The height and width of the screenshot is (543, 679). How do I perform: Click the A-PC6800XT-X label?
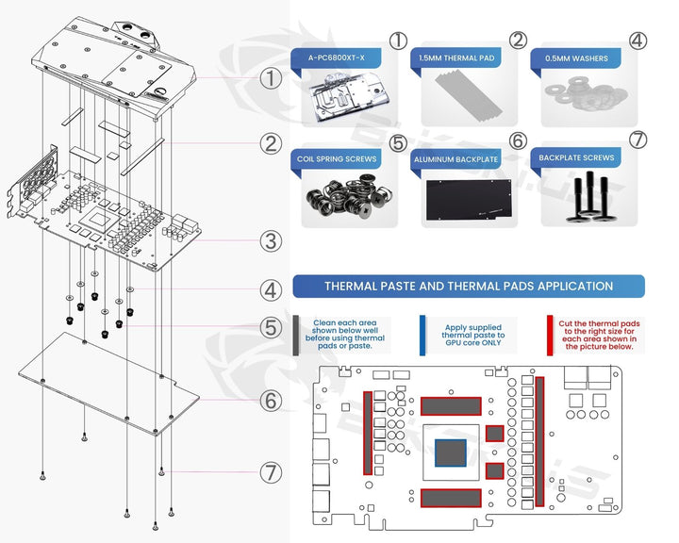[336, 58]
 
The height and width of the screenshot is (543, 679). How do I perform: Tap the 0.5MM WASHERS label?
[576, 58]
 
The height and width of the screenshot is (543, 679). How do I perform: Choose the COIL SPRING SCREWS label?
[336, 159]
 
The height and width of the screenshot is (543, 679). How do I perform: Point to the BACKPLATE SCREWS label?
[576, 158]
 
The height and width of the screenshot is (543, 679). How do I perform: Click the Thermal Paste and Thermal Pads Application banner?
[468, 286]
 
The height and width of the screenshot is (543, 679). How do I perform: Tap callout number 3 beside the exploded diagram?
[272, 240]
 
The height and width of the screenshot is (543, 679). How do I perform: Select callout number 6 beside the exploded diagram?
[272, 401]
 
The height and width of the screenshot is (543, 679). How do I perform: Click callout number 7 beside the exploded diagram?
[272, 469]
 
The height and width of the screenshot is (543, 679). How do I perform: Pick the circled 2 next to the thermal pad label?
[518, 40]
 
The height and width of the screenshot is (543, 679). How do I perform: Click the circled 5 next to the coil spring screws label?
[398, 142]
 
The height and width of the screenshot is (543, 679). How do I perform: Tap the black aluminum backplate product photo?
[468, 200]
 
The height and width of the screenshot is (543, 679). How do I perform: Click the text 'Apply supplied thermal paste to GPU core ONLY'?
[473, 335]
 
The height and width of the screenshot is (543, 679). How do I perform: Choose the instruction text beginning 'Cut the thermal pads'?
[600, 335]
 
